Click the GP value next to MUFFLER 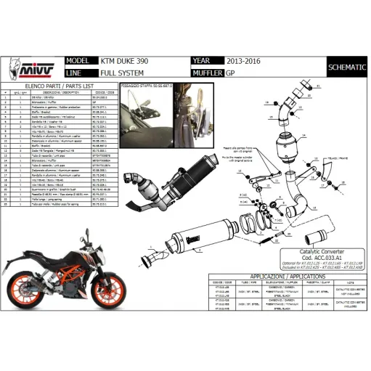pos(230,73)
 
